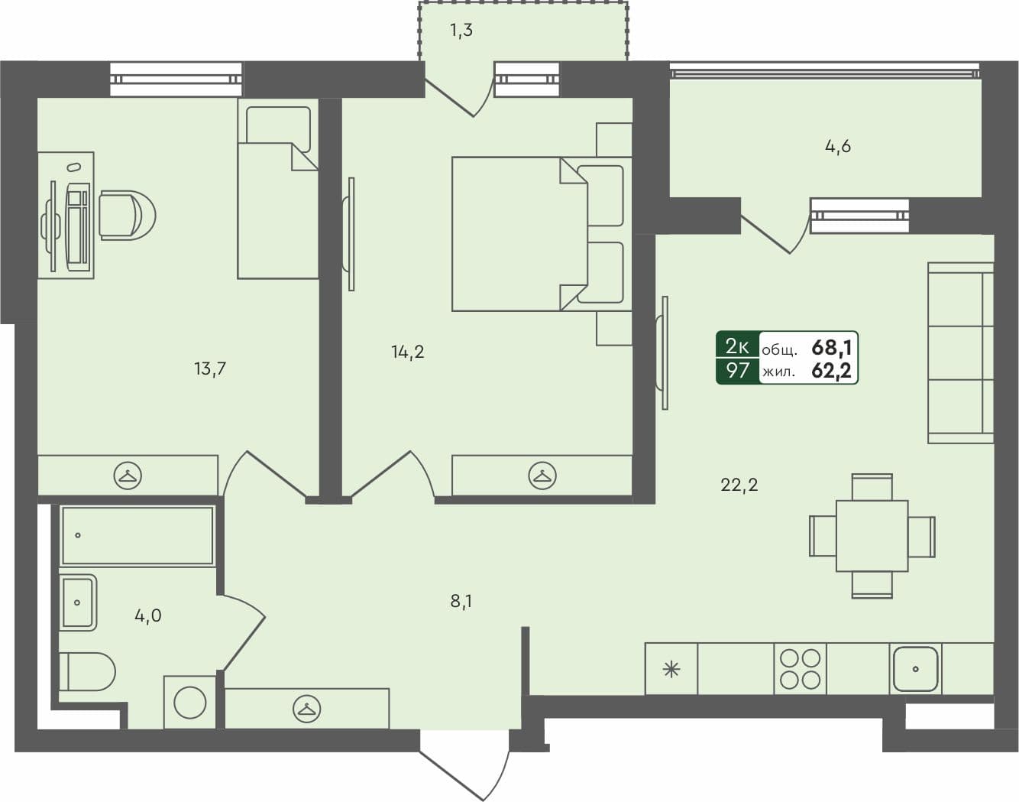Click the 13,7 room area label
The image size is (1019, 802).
coord(210,369)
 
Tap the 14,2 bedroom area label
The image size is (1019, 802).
coord(408,352)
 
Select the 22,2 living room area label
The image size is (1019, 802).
coord(739,484)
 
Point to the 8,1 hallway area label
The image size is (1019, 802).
coord(461,601)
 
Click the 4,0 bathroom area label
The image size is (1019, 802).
coord(148,615)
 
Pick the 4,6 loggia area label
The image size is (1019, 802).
coord(838,146)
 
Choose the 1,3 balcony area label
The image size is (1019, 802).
coord(461,31)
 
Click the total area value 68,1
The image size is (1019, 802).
coord(831,348)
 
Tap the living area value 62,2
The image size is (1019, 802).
coord(831,372)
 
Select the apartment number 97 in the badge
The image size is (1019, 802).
coord(737,372)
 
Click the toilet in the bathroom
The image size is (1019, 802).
coord(88,671)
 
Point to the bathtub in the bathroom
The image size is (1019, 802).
coord(137,535)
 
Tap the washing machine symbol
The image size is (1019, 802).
coord(189,702)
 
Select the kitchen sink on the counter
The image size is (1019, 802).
coord(915,669)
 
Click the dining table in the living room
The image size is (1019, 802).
coord(872,535)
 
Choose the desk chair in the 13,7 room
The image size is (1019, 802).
coord(126,215)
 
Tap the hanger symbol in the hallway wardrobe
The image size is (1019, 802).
coord(307,709)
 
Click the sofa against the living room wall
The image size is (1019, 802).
coord(960,352)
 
